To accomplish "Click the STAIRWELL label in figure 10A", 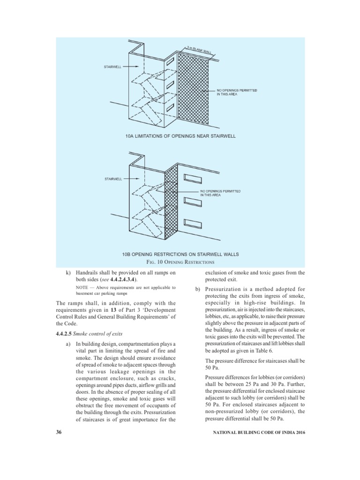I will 112,67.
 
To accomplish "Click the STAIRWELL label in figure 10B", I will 112,179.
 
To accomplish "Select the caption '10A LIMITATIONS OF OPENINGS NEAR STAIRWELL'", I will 180,136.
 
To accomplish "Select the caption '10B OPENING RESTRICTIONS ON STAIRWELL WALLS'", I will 180,254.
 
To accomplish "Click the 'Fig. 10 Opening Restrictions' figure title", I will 180,262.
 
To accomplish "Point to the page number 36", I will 59,431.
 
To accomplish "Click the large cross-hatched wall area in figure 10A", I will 195,89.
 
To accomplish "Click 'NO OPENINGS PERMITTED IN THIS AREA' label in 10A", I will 237,91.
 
